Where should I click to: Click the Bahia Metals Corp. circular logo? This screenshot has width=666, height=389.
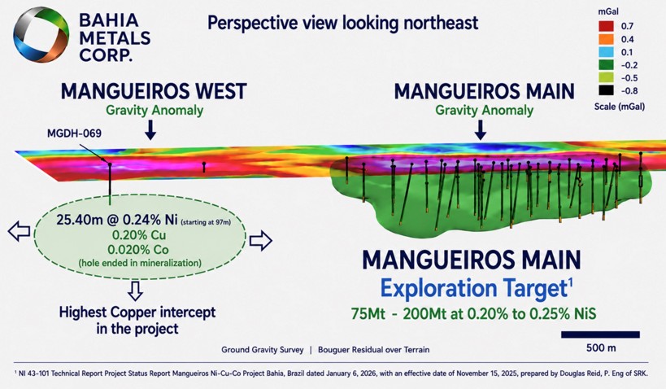41,35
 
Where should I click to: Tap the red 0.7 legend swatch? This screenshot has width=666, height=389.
606,26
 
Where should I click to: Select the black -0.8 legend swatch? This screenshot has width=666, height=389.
606,90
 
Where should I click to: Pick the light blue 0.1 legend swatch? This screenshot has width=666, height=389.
606,52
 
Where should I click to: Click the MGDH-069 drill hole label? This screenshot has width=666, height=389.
74,133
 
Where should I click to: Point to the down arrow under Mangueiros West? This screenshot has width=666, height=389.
150,129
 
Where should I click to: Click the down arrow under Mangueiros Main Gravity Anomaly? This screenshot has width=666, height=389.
481,129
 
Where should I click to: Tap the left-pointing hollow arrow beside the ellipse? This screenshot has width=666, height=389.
20,232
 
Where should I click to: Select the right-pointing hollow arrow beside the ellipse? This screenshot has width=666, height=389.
260,241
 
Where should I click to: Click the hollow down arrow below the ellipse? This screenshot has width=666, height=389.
135,291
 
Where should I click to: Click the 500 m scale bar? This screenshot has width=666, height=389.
600,334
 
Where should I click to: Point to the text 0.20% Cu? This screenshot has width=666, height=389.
139,235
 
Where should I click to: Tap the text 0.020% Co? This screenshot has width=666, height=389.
138,249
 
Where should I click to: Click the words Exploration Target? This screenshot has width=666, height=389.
474,288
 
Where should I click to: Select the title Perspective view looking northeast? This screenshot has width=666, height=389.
343,23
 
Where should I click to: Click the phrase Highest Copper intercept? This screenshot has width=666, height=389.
137,313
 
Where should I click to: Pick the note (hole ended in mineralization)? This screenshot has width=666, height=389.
140,263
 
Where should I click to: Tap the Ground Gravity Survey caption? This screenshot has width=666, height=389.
263,350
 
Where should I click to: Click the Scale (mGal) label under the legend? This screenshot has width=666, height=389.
620,107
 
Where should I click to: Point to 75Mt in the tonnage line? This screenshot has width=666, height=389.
368,314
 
